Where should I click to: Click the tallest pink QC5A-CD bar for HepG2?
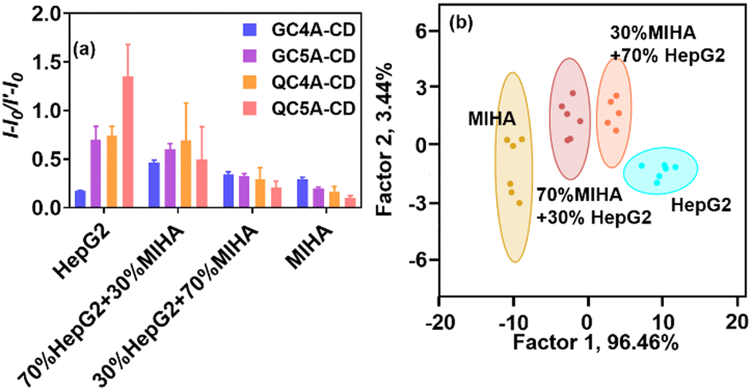click(x=128, y=143)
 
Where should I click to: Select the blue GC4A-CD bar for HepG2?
click(x=80, y=200)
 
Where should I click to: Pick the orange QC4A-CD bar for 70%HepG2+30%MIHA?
click(x=186, y=174)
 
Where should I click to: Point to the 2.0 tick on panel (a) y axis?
click(x=45, y=15)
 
